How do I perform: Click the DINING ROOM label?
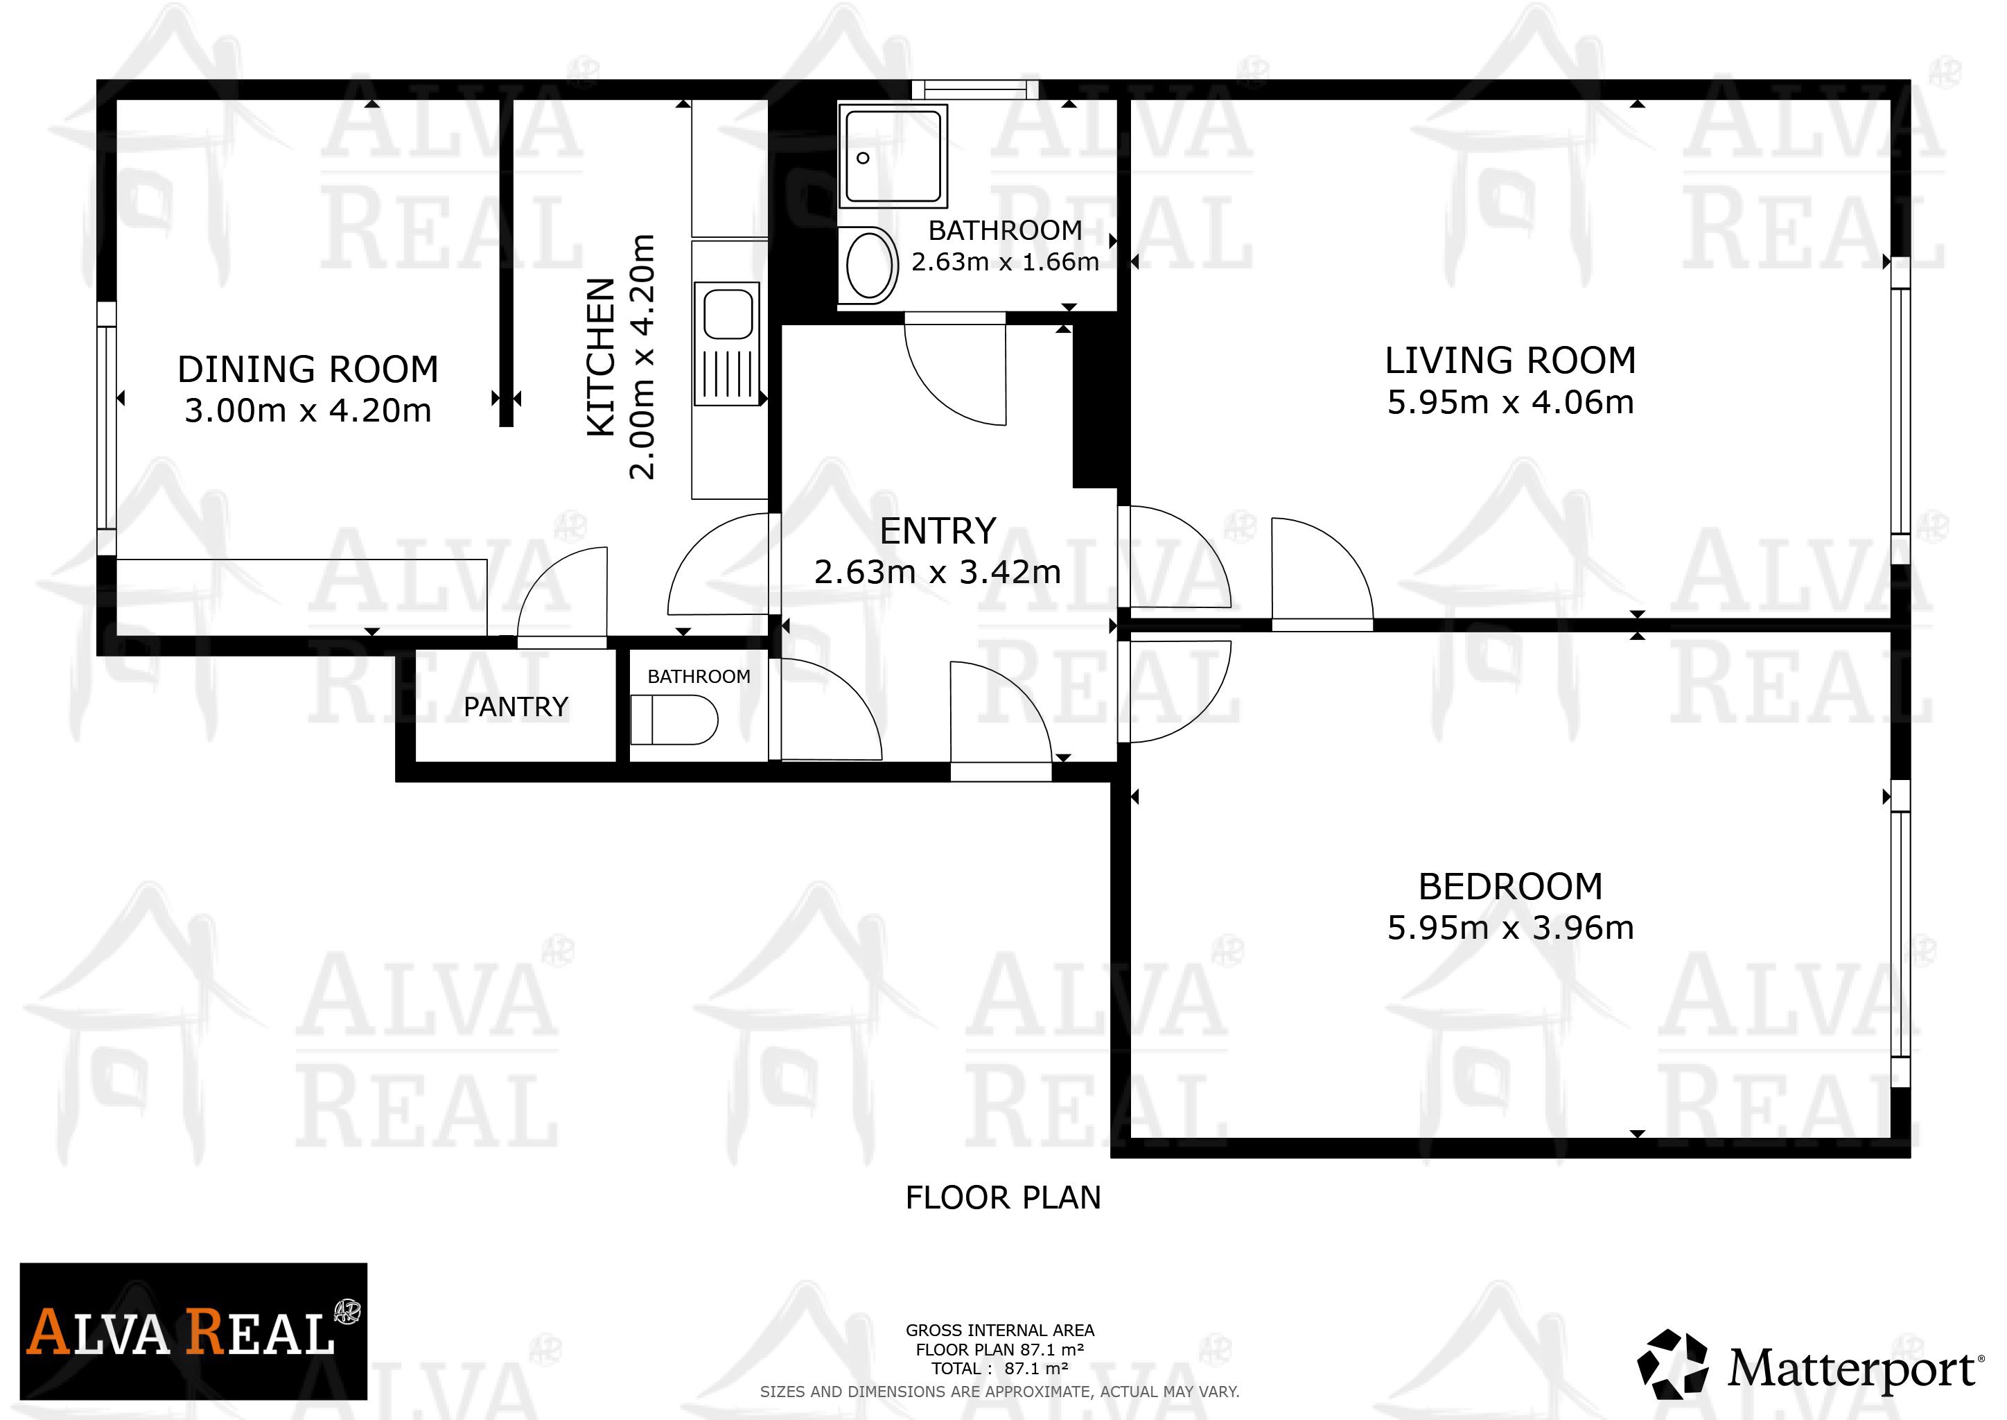308,369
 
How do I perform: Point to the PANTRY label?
516,707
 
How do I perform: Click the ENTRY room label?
938,530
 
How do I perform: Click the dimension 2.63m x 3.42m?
938,572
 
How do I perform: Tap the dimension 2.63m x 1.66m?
1006,261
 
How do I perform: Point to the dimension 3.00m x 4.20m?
308,410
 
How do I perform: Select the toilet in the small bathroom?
674,720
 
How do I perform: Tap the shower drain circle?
863,158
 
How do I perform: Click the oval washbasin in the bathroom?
870,263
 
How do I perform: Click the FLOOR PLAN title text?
1003,1197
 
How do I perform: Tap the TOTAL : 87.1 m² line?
1000,1369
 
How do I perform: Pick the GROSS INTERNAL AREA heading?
1000,1331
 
